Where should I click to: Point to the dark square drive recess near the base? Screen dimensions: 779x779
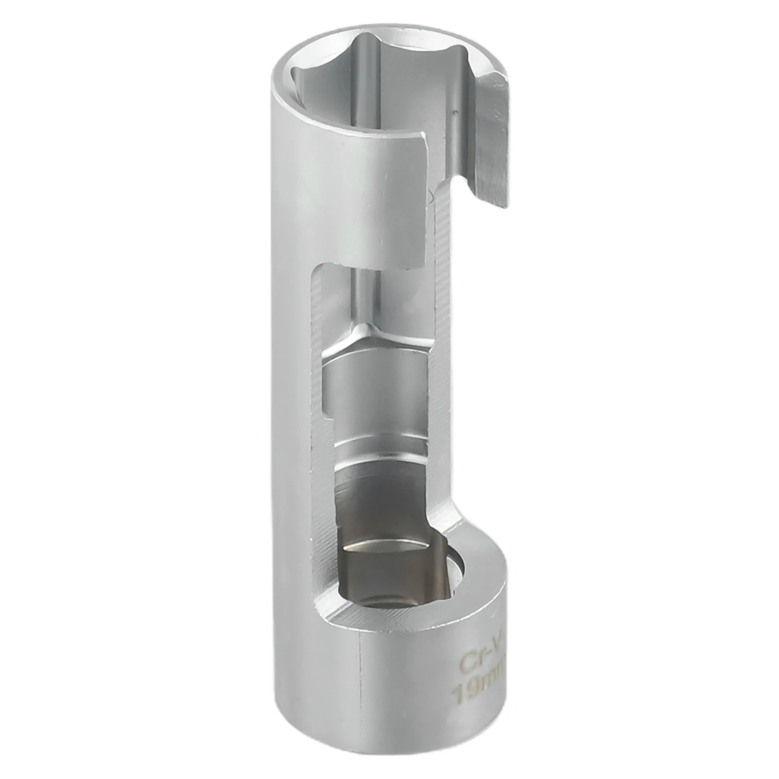coord(385,577)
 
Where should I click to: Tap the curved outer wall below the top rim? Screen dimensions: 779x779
coord(341,195)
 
